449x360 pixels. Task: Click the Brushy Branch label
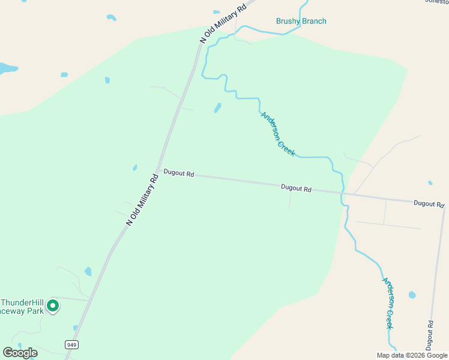point(301,22)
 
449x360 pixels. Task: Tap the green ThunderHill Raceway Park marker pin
point(53,306)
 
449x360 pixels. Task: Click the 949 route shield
point(72,344)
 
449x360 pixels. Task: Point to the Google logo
point(20,353)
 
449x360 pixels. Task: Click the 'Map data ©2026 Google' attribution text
point(412,355)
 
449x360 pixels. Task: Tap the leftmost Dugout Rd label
point(179,173)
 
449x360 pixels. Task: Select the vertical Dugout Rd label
point(430,335)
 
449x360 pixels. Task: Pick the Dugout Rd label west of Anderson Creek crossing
point(296,188)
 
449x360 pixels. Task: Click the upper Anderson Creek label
point(278,134)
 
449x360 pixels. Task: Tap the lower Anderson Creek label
point(390,302)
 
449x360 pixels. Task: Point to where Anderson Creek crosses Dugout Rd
point(343,193)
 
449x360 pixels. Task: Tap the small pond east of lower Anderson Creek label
point(412,295)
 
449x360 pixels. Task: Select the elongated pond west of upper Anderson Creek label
point(217,108)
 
